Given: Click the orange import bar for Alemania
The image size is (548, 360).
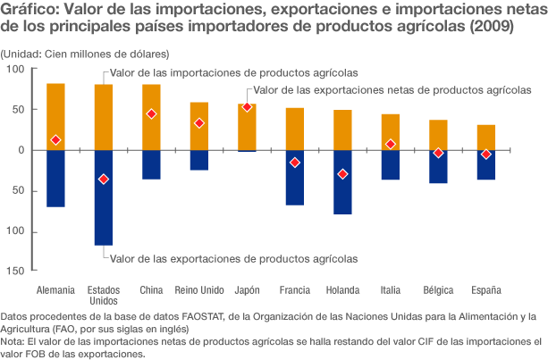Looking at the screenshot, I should point(55,116).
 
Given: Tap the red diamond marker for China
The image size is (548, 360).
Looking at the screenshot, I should point(151,114).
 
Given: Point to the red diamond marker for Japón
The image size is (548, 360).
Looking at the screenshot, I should point(247,107).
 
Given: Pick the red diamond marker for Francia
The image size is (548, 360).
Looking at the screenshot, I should point(295,163).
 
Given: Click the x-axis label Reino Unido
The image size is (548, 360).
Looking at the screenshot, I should point(199,290).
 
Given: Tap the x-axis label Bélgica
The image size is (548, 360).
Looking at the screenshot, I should point(438,290).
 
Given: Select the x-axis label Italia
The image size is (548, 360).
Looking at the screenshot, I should point(391,290).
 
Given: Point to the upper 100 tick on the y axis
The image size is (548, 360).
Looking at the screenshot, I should point(15,70).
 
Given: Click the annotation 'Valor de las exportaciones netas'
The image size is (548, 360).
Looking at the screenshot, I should point(392,89).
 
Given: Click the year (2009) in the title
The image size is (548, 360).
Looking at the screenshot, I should point(488,27).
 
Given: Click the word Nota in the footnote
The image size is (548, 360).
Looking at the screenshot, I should point(13,341).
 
